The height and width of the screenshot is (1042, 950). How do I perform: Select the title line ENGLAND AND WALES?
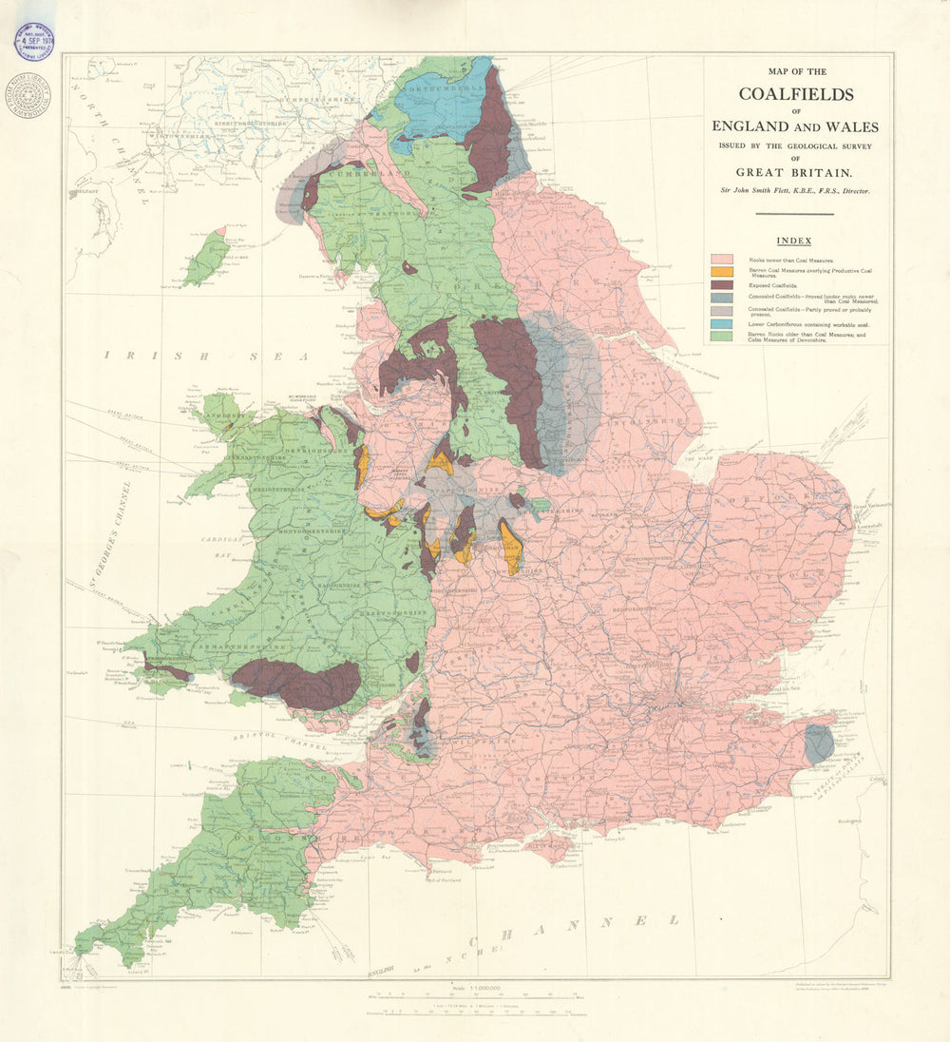pos(796,126)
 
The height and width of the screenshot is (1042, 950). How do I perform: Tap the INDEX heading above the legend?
pos(793,241)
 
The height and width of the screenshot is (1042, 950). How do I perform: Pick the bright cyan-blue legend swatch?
pos(722,324)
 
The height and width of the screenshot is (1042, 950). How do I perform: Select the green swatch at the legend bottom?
pos(722,337)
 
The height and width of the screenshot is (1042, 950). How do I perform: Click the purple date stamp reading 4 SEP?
pos(33,39)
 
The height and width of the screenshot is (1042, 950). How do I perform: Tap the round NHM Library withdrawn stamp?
pos(28,94)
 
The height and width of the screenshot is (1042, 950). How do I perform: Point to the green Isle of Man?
pos(206,259)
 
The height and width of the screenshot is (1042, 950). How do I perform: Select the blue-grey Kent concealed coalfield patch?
pos(817,744)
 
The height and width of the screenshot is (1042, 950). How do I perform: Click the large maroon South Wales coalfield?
pos(296,683)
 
